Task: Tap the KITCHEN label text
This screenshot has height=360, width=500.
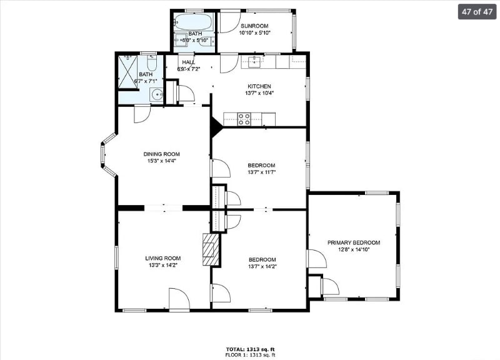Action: (259, 86)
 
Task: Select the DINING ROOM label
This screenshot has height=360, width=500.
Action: (161, 154)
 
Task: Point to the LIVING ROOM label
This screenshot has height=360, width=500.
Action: (163, 259)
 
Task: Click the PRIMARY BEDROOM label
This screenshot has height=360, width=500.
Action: (354, 242)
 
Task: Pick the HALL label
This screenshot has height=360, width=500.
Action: (188, 62)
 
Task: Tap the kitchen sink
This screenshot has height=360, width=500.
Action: (255, 61)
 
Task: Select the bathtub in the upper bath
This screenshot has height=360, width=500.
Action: (193, 22)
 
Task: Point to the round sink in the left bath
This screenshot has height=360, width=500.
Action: (156, 95)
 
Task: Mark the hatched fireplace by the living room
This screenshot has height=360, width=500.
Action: (211, 249)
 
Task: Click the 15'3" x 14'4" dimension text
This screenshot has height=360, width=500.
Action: (161, 161)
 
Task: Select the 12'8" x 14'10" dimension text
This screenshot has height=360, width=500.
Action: (354, 249)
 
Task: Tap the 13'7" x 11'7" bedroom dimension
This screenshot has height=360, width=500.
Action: (261, 172)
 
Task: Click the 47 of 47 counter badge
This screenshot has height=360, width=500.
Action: (477, 12)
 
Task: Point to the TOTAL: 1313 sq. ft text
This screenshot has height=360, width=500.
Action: (250, 349)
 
